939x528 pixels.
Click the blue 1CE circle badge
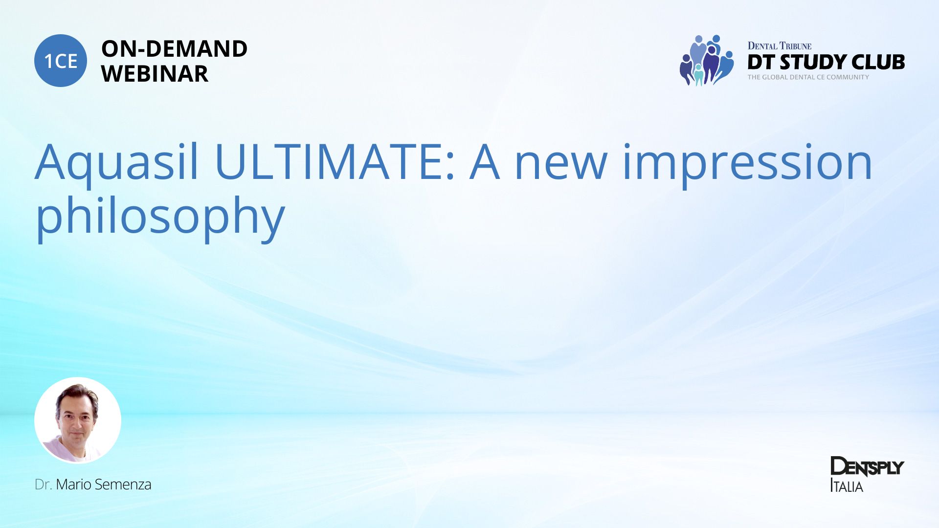click(x=61, y=61)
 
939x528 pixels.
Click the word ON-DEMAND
click(x=174, y=48)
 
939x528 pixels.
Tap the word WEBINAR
click(x=155, y=74)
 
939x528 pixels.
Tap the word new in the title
click(x=561, y=166)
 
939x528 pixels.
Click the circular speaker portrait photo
click(x=78, y=420)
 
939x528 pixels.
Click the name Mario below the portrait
click(x=73, y=484)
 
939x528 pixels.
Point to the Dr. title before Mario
click(x=43, y=484)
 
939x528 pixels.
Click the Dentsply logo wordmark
click(x=867, y=467)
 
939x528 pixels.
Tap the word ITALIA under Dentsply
click(x=847, y=486)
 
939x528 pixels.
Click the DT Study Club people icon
click(x=706, y=60)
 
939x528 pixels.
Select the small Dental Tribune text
click(x=779, y=46)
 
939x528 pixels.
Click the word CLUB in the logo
click(x=878, y=62)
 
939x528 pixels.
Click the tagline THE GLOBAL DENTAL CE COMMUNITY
click(x=808, y=77)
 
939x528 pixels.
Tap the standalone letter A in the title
click(x=485, y=161)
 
